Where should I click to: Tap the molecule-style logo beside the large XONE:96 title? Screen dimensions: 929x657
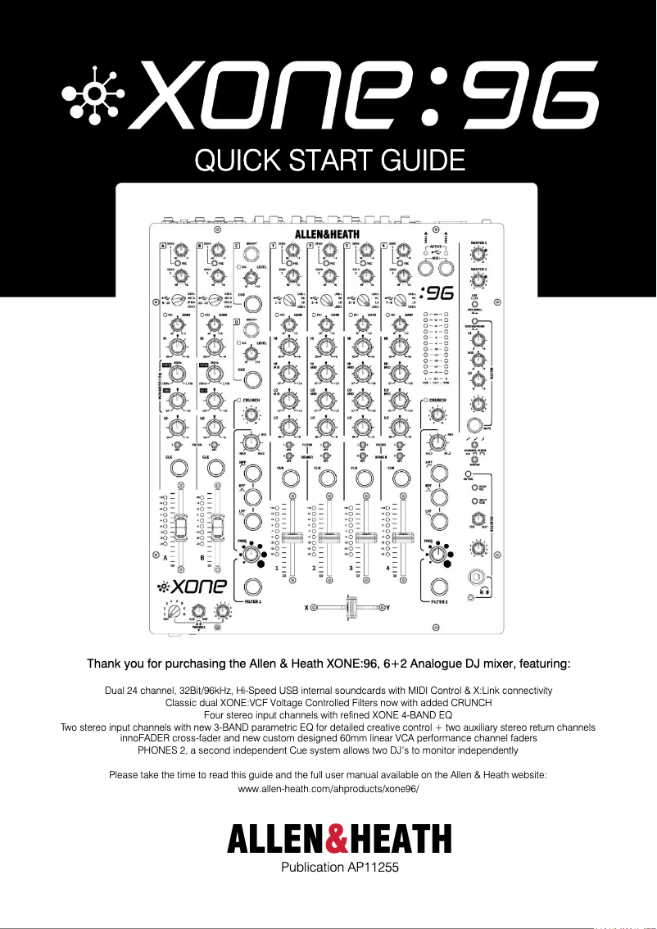(97, 95)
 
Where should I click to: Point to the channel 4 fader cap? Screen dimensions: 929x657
(402, 537)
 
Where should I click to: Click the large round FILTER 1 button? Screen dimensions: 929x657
(252, 587)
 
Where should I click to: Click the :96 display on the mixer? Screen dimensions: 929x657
(435, 293)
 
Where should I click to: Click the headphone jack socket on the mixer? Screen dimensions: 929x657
(473, 578)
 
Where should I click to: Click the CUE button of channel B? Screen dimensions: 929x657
(215, 468)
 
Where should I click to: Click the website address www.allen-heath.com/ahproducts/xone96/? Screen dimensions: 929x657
(328, 787)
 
